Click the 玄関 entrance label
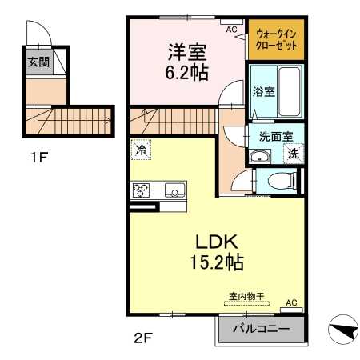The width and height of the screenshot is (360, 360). click(38, 62)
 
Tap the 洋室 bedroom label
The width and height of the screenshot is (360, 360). click(187, 52)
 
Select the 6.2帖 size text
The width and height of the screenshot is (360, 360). click(186, 72)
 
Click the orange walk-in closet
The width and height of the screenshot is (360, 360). click(276, 39)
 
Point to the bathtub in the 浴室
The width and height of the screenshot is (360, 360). click(290, 91)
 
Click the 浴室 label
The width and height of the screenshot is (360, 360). click(263, 91)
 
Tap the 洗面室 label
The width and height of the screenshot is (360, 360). click(276, 137)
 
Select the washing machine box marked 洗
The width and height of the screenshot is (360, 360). click(294, 153)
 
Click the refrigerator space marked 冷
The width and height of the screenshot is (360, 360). click(141, 150)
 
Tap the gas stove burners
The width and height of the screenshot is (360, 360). click(141, 190)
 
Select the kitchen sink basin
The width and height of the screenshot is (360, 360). click(174, 190)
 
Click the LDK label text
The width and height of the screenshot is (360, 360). click(217, 242)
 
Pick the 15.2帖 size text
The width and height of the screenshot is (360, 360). click(217, 262)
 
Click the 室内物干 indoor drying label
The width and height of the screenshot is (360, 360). click(246, 296)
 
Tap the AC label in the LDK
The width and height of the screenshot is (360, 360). click(291, 302)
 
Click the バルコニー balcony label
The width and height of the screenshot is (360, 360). click(262, 329)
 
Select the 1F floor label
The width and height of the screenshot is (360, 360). click(39, 157)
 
